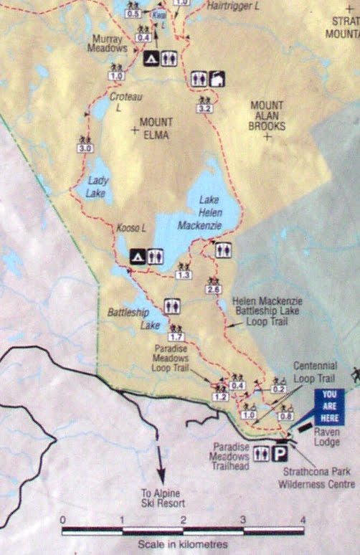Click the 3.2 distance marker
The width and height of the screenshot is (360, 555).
point(205,108)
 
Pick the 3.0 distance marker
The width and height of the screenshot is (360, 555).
point(85,148)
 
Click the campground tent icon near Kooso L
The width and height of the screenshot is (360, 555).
point(137,255)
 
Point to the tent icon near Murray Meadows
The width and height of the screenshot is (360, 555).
point(151,58)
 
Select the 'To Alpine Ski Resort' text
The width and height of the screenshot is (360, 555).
point(171,496)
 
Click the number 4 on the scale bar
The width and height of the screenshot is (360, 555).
point(303,520)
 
